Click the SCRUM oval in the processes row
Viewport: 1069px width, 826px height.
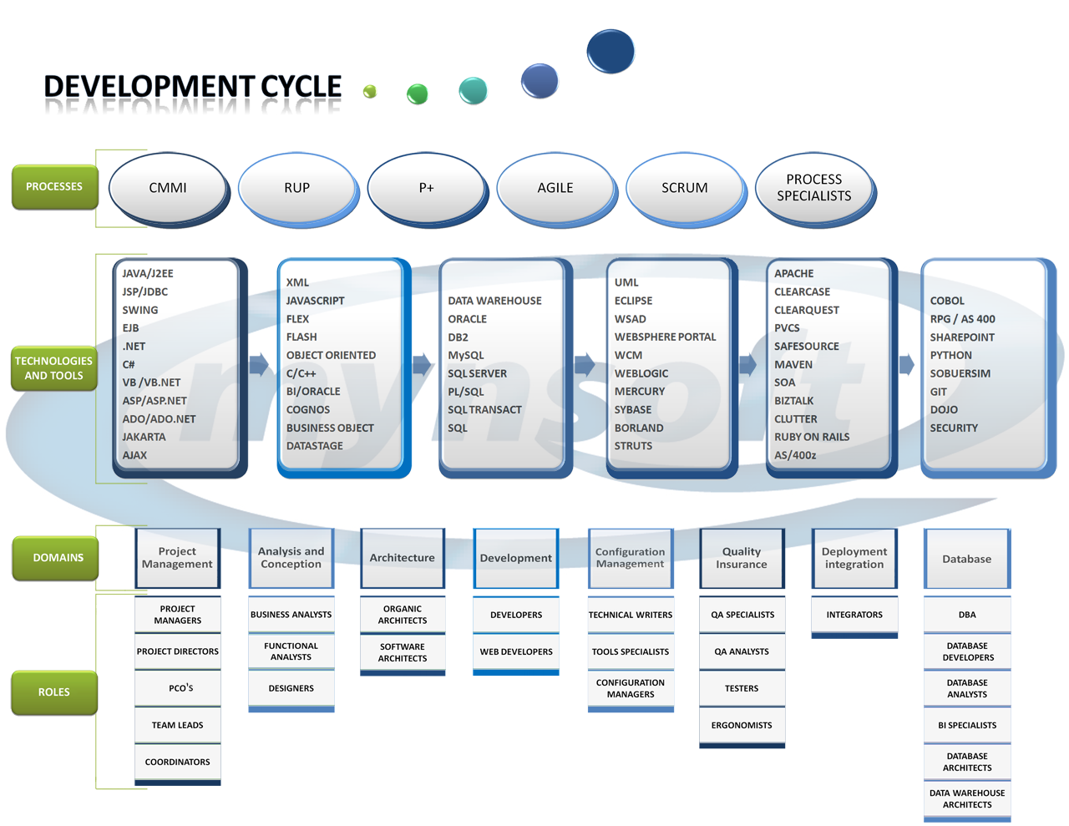(684, 188)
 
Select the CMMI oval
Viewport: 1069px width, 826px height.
(168, 188)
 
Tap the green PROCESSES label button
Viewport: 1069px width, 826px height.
(54, 186)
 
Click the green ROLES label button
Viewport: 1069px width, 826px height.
(54, 692)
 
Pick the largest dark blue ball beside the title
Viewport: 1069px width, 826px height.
(610, 51)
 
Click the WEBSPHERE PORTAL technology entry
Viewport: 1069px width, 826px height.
(665, 337)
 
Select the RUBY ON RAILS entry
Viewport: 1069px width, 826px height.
(811, 437)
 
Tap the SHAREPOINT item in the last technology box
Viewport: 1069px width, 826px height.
(962, 337)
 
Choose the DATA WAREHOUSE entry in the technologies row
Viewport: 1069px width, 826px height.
(494, 301)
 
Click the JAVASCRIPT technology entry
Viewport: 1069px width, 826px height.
(315, 301)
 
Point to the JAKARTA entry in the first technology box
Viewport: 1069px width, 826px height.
(144, 437)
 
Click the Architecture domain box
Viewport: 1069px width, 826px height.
(402, 558)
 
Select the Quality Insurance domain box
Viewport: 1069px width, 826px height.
(742, 558)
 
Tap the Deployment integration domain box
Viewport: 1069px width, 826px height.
(854, 558)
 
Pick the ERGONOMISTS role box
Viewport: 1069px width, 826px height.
(742, 725)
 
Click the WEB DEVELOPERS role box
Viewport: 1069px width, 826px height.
(516, 651)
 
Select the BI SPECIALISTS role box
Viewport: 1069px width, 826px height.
(967, 725)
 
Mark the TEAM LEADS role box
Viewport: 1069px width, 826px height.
(177, 725)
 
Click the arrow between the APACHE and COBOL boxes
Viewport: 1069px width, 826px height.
(907, 364)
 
